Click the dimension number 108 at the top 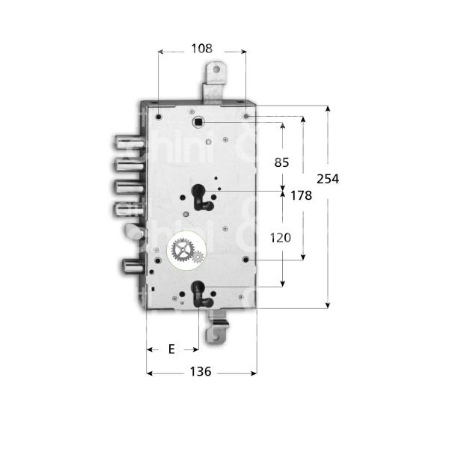pyautogui.click(x=201, y=49)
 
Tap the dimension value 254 pyautogui.click(x=328, y=179)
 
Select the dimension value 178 pyautogui.click(x=301, y=195)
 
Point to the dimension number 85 pyautogui.click(x=281, y=162)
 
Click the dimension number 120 pyautogui.click(x=281, y=237)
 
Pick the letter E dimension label pyautogui.click(x=171, y=349)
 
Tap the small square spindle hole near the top pyautogui.click(x=198, y=121)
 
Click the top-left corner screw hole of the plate pyautogui.click(x=159, y=115)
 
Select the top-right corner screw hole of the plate pyautogui.click(x=246, y=115)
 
